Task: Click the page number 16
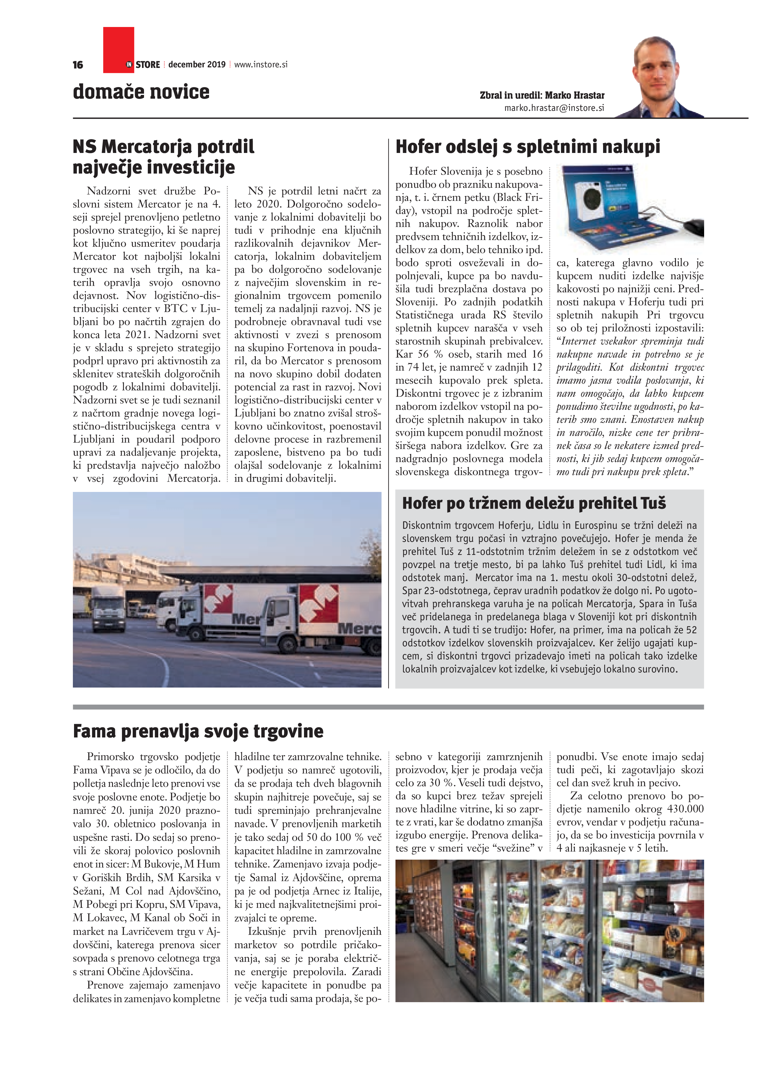pos(78,65)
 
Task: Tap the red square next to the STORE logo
pos(118,49)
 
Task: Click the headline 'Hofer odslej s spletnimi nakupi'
pos(527,147)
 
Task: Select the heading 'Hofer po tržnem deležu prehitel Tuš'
pos(534,503)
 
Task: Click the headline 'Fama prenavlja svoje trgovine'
pos(198,731)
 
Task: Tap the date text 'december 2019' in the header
pos(197,64)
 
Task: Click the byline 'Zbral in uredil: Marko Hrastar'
pos(542,95)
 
